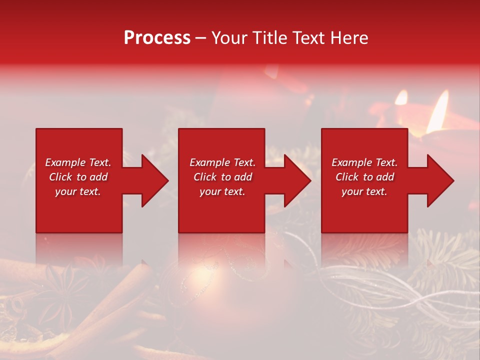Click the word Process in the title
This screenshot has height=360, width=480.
(x=157, y=38)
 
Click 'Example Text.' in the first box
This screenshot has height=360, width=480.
(x=78, y=162)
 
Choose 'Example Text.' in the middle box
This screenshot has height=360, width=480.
(x=222, y=162)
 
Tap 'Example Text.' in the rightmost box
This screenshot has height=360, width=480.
(x=364, y=162)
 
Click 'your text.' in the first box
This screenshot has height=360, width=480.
(x=78, y=191)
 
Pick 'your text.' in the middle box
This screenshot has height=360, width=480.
(x=222, y=191)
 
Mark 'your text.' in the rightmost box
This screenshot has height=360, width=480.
(x=364, y=191)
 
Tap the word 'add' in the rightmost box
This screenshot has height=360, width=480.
(x=384, y=177)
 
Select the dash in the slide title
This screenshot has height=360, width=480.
(x=201, y=38)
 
